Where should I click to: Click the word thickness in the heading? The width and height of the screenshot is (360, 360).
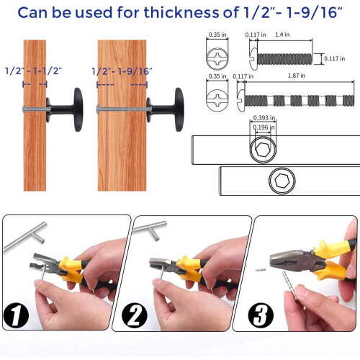click(181, 12)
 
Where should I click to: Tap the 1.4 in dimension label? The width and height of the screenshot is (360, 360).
click(282, 35)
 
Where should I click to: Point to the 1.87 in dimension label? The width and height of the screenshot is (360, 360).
click(297, 76)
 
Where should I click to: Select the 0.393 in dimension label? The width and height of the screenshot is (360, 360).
click(264, 118)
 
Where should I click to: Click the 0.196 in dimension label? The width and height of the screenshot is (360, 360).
click(264, 127)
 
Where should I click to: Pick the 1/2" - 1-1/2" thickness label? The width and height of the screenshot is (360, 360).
click(33, 71)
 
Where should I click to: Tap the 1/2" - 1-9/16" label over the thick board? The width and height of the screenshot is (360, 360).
click(122, 71)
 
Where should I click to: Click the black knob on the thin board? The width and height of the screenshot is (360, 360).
click(65, 109)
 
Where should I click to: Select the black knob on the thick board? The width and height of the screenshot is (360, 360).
click(166, 109)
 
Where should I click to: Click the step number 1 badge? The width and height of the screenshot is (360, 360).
click(16, 315)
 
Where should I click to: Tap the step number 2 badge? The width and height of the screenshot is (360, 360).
click(135, 315)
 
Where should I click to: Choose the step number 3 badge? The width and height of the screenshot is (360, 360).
click(261, 315)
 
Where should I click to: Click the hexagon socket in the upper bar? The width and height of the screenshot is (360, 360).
click(263, 150)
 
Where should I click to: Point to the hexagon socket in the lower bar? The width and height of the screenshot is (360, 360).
click(282, 181)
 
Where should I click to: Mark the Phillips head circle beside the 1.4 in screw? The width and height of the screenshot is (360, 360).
click(217, 58)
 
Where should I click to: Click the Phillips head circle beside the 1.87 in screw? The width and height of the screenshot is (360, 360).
click(217, 100)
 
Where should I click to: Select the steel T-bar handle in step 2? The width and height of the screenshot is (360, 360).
click(150, 230)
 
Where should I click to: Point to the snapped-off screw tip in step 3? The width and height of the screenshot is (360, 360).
click(261, 269)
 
